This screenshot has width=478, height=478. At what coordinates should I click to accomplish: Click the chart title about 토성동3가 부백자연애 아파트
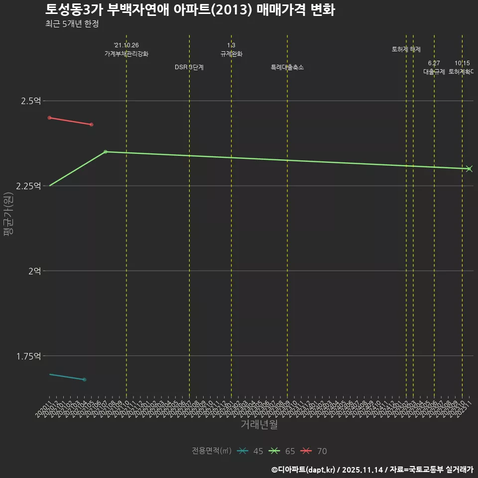coord(190,10)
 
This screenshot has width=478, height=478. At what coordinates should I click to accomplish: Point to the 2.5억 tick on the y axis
coord(31,101)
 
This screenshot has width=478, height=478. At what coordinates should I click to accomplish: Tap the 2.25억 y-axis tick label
coord(28,186)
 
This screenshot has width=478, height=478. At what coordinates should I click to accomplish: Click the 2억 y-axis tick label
coord(34,271)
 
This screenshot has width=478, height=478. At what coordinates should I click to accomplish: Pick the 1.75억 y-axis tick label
coord(28,356)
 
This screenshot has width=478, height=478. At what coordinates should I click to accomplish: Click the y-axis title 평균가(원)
coord(8,214)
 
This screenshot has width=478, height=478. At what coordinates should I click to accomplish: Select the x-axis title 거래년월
coord(259,424)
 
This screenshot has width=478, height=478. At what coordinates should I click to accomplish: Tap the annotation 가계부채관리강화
coord(126,54)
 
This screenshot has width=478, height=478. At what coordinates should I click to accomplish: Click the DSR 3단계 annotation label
coord(189,67)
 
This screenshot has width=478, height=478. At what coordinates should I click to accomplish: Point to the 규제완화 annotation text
coord(231,54)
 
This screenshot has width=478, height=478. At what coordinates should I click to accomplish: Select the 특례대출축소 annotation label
coord(287,67)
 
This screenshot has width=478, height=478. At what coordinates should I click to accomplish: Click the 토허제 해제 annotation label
coord(406,49)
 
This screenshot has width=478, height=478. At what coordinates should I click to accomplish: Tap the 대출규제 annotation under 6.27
coord(434,72)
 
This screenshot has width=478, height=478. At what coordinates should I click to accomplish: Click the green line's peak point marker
coord(105,152)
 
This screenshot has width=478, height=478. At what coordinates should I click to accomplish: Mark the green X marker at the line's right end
coord(469,169)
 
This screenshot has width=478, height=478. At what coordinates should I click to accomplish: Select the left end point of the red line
coord(49,118)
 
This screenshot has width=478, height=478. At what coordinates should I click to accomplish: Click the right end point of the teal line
coord(85,379)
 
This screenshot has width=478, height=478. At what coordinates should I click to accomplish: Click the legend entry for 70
coord(315,451)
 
